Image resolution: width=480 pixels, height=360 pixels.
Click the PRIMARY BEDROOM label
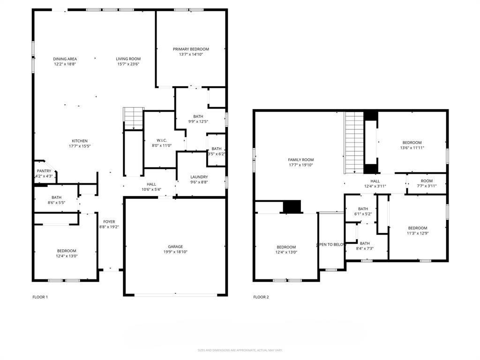click(191, 49)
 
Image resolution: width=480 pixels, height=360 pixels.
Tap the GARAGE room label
click(176, 247)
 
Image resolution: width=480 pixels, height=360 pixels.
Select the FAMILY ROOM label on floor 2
click(300, 160)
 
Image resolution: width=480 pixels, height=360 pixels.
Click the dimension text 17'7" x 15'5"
click(79, 146)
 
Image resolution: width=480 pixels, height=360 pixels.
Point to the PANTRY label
click(44, 171)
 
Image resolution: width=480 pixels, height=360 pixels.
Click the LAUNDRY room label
click(199, 177)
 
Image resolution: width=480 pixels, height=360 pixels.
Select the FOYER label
click(109, 222)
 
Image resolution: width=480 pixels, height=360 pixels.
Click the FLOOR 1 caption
click(40, 297)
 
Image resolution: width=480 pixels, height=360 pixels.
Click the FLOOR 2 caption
click(261, 297)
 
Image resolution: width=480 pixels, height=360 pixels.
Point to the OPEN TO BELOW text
click(331, 244)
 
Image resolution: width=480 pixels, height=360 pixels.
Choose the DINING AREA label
click(65, 59)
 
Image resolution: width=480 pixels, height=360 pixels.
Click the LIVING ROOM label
click(128, 59)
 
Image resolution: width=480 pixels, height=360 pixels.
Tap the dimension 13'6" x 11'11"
click(412, 148)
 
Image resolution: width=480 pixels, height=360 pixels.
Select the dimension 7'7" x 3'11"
click(427, 186)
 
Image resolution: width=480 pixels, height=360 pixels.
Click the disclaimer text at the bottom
click(240, 350)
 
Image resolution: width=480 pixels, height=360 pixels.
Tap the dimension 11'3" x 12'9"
click(417, 233)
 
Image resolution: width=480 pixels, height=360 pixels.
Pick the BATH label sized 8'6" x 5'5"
click(56, 203)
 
